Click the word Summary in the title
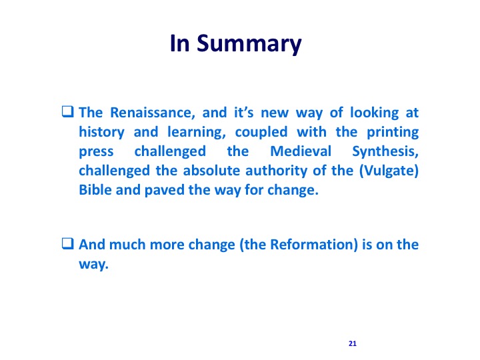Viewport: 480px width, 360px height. (249, 44)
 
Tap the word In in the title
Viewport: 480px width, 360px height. (180, 43)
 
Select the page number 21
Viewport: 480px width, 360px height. (353, 343)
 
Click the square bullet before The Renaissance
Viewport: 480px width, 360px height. (67, 111)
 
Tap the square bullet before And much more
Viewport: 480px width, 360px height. (67, 244)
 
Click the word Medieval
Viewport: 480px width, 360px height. (301, 151)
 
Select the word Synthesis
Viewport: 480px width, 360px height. (385, 152)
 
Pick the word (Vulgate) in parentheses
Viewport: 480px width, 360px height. (389, 171)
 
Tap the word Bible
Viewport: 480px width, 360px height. (95, 190)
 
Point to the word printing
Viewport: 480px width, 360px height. (393, 132)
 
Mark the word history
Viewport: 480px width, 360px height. (101, 132)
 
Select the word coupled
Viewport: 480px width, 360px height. (261, 132)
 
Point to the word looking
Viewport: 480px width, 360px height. (375, 113)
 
